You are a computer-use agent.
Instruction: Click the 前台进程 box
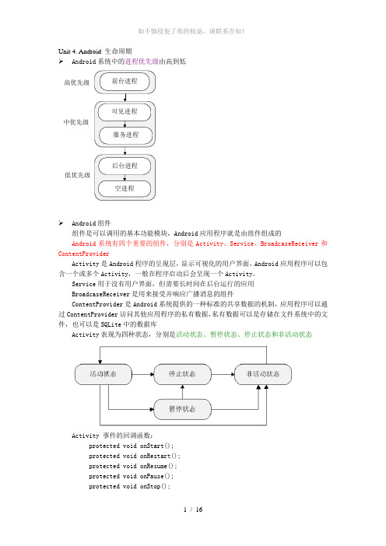click(x=125, y=82)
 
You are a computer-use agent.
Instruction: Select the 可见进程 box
click(x=125, y=112)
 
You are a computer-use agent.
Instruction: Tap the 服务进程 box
click(x=126, y=135)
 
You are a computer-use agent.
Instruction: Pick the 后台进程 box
click(x=125, y=166)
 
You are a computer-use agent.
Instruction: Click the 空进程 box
click(x=125, y=189)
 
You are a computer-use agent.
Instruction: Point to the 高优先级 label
click(x=77, y=82)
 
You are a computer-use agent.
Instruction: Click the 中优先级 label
click(x=76, y=122)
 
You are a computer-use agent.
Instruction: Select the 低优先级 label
click(x=77, y=175)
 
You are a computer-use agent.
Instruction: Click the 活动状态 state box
click(x=104, y=374)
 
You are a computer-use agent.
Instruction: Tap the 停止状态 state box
click(x=183, y=374)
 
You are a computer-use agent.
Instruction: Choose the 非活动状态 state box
click(x=263, y=374)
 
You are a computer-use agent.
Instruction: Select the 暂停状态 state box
click(x=183, y=409)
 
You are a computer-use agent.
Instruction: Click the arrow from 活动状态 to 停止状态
click(x=143, y=374)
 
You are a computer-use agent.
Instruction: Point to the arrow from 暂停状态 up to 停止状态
click(x=183, y=392)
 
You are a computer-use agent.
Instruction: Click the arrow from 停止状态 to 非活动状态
click(x=223, y=374)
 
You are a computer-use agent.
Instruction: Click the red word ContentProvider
click(x=83, y=254)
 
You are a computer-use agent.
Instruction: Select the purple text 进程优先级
click(x=142, y=61)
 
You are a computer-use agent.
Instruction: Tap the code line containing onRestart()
click(x=135, y=456)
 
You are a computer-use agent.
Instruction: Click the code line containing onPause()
click(x=131, y=476)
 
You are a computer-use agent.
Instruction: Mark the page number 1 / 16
click(x=193, y=509)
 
